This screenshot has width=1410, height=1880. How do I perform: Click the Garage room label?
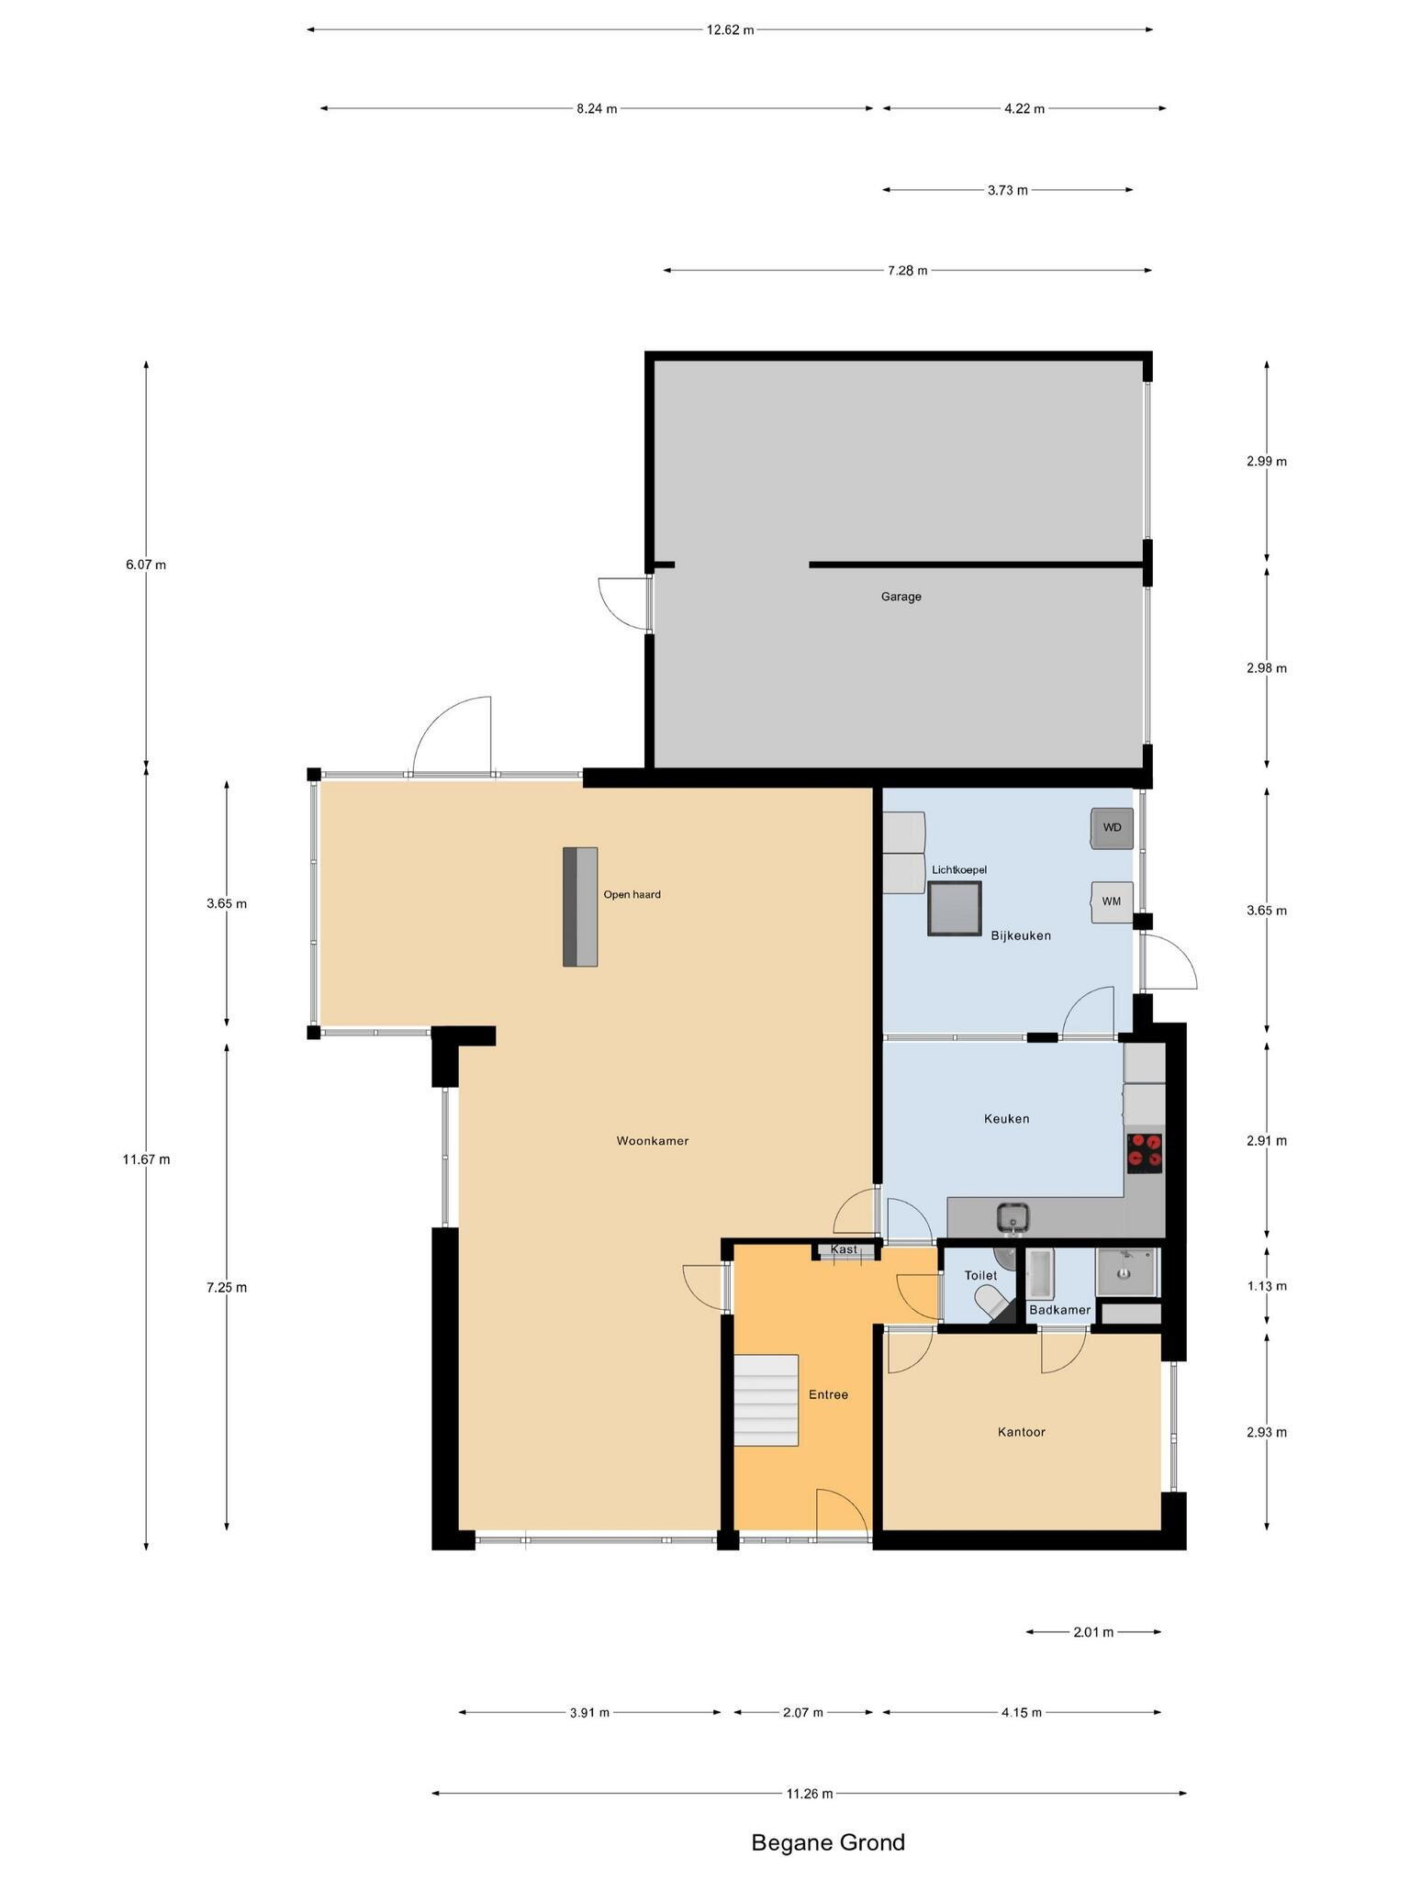click(x=901, y=597)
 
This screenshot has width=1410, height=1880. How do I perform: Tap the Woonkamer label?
click(x=652, y=1141)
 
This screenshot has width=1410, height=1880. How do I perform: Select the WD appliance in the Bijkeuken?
click(x=1112, y=828)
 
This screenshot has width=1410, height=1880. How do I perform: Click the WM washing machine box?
click(x=1112, y=901)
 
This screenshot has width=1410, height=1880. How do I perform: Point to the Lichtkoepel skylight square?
click(x=955, y=909)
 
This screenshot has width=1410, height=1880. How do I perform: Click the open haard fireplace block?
click(x=580, y=906)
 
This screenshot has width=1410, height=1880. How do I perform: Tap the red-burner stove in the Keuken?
click(x=1145, y=1152)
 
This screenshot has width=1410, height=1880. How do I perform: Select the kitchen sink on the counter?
click(x=1013, y=1218)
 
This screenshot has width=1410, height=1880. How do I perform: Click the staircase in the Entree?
click(x=766, y=1400)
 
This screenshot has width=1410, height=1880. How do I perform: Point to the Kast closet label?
click(x=844, y=1249)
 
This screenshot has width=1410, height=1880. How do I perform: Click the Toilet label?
click(x=980, y=1276)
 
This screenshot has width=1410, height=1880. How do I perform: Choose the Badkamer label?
click(x=1059, y=1310)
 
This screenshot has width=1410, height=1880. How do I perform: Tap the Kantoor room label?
click(x=1022, y=1432)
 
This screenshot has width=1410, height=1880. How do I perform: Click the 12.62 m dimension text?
click(x=730, y=29)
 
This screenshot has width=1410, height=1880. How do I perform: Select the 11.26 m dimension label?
click(x=809, y=1794)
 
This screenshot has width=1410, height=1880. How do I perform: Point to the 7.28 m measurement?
click(x=907, y=271)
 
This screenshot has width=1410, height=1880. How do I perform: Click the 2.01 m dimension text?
click(x=1093, y=1632)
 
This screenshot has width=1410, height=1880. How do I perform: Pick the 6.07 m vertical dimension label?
click(x=146, y=565)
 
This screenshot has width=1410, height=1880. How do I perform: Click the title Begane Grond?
click(x=828, y=1842)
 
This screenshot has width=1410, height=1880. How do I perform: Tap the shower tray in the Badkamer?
click(x=1128, y=1272)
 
